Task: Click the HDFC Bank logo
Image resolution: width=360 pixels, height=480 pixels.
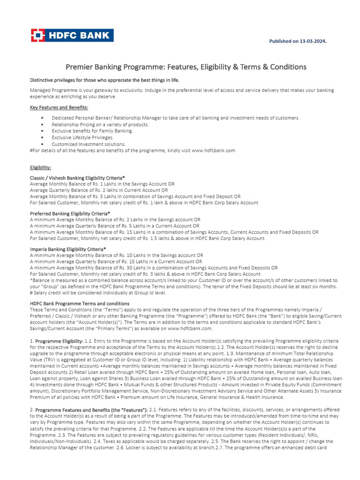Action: [72, 36]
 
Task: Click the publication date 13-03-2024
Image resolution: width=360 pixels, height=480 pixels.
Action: [297, 41]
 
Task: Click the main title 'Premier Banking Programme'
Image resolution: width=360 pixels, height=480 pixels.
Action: [186, 67]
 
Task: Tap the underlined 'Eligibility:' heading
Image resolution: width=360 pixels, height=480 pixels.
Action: [40, 167]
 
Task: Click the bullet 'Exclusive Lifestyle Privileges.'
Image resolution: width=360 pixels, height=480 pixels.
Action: [82, 138]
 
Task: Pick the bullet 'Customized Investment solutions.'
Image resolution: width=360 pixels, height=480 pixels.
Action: [89, 144]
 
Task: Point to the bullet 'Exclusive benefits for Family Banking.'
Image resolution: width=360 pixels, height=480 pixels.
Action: [92, 131]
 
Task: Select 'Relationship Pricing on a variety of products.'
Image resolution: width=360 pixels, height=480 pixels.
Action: [100, 125]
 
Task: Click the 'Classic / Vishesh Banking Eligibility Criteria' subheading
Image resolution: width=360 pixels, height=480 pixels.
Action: [77, 178]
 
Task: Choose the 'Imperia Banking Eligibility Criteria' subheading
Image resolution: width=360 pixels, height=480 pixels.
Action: [68, 249]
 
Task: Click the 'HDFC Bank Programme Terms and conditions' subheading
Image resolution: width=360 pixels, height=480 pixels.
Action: [80, 304]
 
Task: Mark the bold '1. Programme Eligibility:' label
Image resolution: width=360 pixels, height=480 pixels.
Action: [59, 341]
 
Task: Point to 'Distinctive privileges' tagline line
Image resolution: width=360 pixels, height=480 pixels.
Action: [105, 80]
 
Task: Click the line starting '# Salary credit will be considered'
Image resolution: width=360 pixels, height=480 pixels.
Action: [98, 292]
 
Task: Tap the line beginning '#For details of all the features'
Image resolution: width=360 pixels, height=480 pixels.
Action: [133, 150]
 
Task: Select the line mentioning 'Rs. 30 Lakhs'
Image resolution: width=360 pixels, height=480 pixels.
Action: [154, 268]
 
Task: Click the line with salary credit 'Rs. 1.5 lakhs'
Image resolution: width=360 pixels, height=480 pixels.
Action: [148, 238]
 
